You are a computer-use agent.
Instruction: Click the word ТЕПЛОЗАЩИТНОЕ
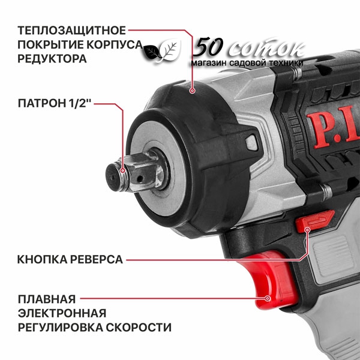[x=72, y=31]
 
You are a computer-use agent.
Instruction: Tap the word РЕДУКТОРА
[x=52, y=59]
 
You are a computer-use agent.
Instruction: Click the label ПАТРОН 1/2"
[x=55, y=103]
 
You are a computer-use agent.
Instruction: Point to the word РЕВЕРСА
[x=97, y=260]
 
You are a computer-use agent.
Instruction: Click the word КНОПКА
[x=42, y=260]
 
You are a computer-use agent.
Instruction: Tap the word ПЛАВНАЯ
[x=47, y=299]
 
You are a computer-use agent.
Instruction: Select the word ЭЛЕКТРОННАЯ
[x=62, y=313]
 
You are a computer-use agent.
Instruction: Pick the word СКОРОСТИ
[x=139, y=328]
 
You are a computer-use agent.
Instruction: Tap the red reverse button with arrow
[x=315, y=221]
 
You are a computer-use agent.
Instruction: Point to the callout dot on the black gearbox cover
[x=193, y=91]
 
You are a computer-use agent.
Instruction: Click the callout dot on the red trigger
[x=267, y=298]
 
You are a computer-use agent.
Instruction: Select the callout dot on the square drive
[x=123, y=170]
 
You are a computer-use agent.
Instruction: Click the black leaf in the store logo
[x=152, y=52]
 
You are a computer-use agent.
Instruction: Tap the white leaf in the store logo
[x=170, y=50]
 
